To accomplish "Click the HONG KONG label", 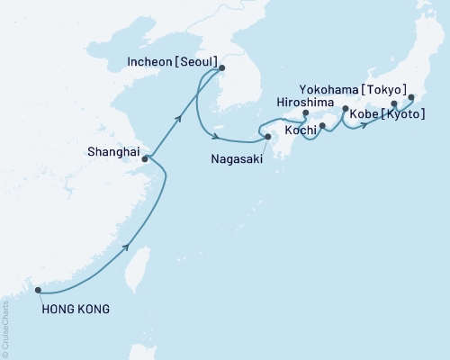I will point(76,310).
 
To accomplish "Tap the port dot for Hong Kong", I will point(38,290).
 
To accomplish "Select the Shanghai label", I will point(113,152).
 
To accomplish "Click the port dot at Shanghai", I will point(145,158).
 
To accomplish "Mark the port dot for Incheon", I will point(222,67).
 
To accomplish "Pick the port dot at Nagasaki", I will point(267,137).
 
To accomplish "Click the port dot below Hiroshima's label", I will point(305,114).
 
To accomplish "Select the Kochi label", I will point(300,131).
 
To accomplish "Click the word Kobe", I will point(359,128).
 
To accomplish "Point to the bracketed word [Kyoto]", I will point(400,128).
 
